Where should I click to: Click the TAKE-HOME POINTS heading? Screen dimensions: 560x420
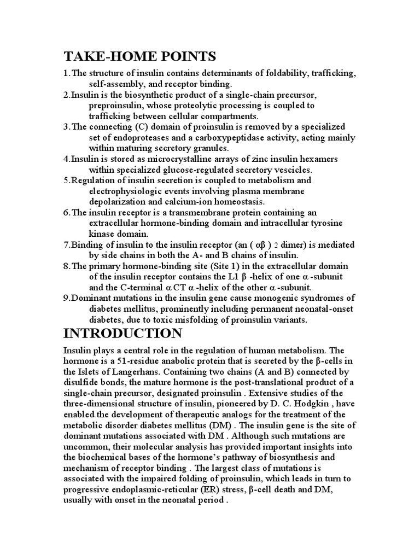click(140, 56)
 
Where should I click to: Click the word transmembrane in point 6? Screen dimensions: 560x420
click(196, 212)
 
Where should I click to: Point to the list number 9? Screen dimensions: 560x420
click(66, 298)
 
